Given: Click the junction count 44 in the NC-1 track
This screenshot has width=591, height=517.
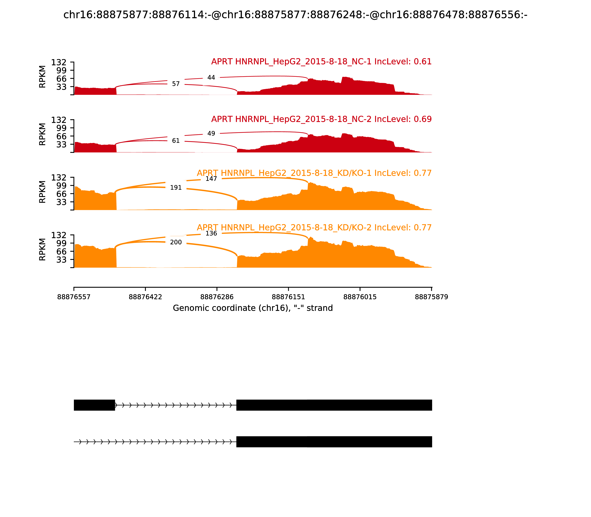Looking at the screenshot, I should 211,78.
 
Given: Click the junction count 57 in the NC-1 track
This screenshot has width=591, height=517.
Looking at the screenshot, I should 176,84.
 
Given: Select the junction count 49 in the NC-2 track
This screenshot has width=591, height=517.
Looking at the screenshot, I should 211,133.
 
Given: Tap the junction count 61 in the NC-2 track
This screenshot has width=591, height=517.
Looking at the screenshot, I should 176,141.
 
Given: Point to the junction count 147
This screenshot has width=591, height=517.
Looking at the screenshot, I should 211,179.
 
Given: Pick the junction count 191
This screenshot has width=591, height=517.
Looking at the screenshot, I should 176,188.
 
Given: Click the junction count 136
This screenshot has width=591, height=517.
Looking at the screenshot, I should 211,233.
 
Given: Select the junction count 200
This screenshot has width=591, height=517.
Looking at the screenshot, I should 176,242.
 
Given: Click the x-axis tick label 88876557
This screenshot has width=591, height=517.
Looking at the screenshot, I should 74,297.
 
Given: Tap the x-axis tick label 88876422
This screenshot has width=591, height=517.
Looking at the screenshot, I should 145,297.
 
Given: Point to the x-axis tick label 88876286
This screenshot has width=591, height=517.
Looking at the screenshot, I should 217,297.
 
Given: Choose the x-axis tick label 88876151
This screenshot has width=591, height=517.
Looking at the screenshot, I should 288,297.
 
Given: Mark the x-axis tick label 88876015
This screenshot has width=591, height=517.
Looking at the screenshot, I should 360,297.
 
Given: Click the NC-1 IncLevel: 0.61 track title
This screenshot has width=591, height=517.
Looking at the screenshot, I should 321,62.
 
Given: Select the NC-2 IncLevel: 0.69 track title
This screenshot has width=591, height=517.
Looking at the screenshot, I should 321,119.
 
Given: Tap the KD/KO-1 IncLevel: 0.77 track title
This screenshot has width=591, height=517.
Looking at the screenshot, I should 314,173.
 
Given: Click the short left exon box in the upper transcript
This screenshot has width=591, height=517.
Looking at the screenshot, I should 94,405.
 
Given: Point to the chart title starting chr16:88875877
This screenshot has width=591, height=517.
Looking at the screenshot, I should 295,15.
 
